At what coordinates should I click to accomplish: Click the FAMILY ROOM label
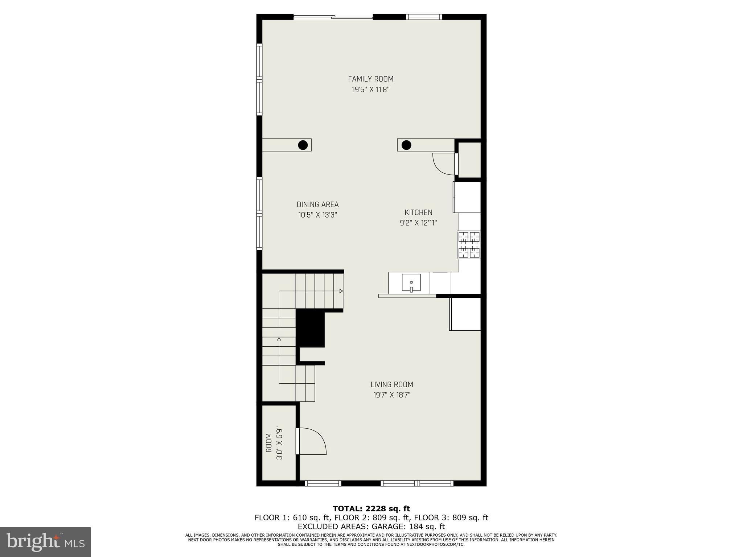(x=370, y=79)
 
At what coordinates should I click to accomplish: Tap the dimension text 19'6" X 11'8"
(x=370, y=90)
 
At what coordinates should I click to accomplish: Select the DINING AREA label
(x=317, y=205)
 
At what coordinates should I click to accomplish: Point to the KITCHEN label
(x=418, y=213)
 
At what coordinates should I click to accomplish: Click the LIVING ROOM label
(x=391, y=384)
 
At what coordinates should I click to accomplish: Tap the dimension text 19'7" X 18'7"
(x=391, y=395)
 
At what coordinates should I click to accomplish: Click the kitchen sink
(x=411, y=283)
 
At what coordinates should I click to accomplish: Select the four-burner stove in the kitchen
(x=469, y=245)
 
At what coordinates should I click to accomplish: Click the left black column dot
(x=303, y=145)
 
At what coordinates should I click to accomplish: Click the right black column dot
(x=406, y=145)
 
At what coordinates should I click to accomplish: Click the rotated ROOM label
(x=269, y=443)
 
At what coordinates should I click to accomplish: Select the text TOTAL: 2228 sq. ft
(x=371, y=509)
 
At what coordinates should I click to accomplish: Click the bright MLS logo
(x=45, y=542)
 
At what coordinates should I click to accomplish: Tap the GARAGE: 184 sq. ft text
(x=371, y=527)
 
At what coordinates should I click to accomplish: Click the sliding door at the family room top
(x=333, y=17)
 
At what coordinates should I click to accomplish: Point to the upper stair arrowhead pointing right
(x=341, y=291)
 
